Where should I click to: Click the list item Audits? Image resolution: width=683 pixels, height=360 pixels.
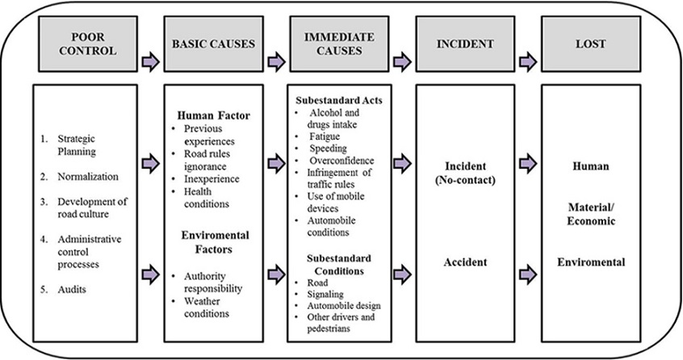tap(69, 289)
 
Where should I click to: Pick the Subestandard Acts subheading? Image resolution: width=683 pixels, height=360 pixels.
tap(338, 100)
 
